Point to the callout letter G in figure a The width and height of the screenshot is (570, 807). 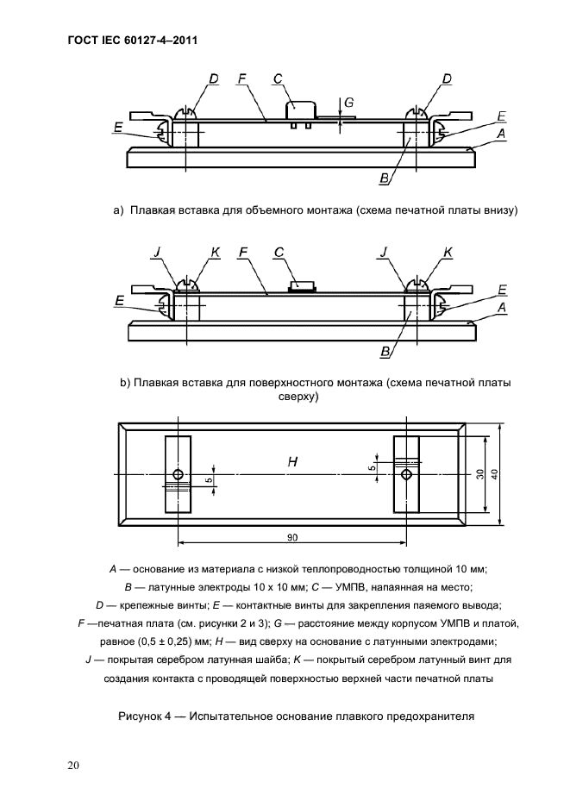pyautogui.click(x=348, y=103)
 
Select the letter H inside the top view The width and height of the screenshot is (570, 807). pyautogui.click(x=293, y=463)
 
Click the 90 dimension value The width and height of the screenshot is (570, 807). pyautogui.click(x=292, y=537)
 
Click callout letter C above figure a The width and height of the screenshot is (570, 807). pyautogui.click(x=278, y=79)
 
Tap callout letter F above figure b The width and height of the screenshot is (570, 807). pyautogui.click(x=242, y=252)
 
